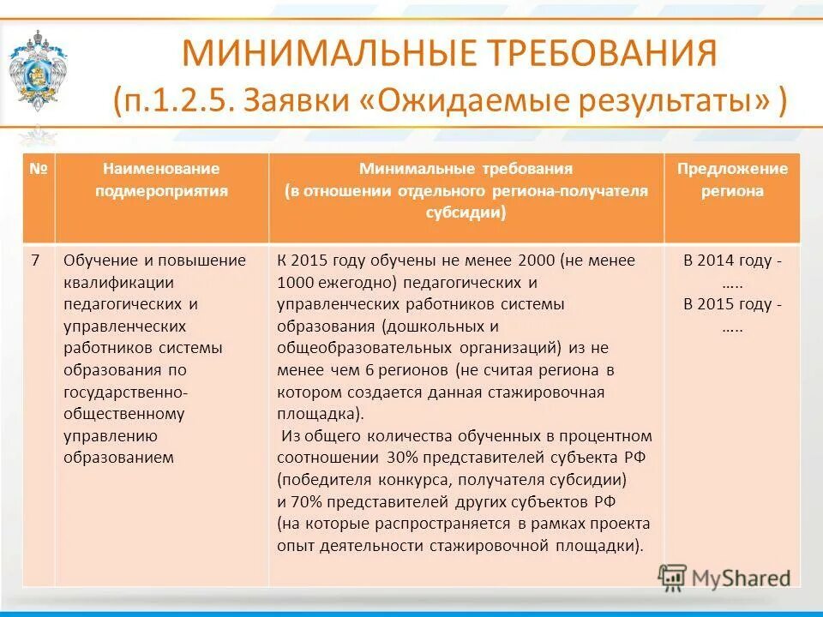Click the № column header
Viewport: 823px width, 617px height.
[x=39, y=169]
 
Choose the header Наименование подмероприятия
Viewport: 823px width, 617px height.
[x=161, y=180]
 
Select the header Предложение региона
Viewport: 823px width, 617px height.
[x=731, y=180]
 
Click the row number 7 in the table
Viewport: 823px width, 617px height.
[x=36, y=261]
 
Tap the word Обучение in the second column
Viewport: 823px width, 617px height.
[x=97, y=261]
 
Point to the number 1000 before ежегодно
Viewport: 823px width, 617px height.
[x=295, y=282]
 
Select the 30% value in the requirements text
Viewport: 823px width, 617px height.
[x=404, y=457]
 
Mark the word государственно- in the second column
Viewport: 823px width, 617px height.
[x=126, y=392]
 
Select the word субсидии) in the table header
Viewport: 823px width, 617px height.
[x=466, y=213]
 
